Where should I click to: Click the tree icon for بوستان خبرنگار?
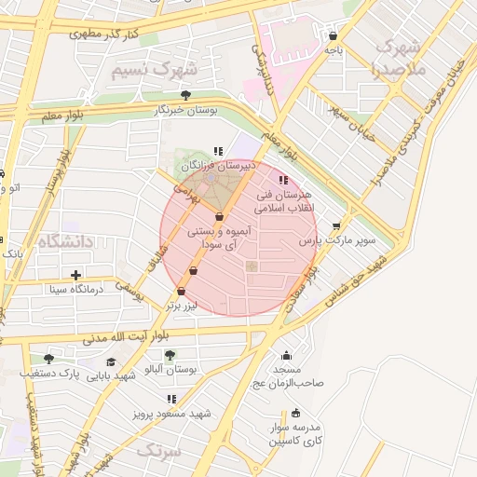click(186, 95)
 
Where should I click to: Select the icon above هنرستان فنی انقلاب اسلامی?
click(284, 180)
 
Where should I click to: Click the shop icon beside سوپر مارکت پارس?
click(336, 225)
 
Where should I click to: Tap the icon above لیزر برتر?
click(193, 271)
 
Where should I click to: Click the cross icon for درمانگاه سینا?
click(75, 275)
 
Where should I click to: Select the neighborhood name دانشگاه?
click(66, 242)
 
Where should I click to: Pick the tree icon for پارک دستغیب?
click(48, 358)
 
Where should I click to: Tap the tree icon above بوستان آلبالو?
click(170, 355)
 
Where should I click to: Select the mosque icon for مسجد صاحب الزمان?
click(286, 355)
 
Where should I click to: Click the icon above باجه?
click(334, 36)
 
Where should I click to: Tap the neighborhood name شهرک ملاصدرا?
click(399, 58)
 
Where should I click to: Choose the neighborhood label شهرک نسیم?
click(154, 70)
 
